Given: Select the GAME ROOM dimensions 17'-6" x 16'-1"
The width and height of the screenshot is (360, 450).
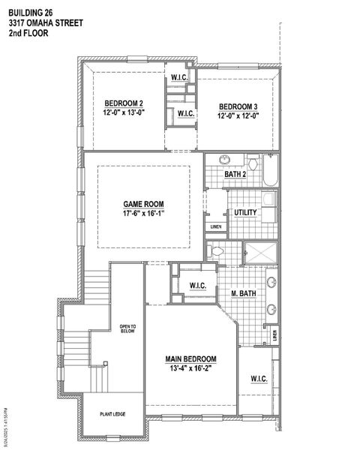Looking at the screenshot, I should [143, 213].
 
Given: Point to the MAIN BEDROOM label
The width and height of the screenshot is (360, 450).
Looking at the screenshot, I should [191, 358].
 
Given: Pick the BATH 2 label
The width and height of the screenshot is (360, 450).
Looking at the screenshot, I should [235, 175].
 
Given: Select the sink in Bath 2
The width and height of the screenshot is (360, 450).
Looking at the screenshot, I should [225, 160].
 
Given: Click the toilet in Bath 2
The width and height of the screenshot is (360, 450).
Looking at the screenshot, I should [253, 163].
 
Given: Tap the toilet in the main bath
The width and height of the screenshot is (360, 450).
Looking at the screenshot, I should [217, 251].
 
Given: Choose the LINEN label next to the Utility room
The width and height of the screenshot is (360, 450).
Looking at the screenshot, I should [216, 226].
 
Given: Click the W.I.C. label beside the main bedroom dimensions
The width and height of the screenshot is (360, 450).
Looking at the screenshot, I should [259, 378].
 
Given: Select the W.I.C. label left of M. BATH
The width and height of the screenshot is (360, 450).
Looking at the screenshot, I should [198, 285].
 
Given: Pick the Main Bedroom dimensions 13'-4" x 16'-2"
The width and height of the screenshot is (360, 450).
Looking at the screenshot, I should [191, 368].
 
